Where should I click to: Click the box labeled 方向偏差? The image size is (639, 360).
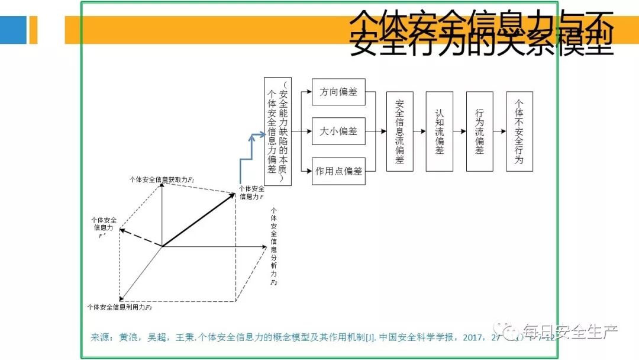coord(338,92)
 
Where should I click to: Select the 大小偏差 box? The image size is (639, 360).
coord(338,131)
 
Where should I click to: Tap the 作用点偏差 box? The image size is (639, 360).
coord(338,171)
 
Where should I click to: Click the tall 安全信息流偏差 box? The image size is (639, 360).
coord(400,131)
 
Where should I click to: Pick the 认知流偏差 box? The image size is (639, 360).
coord(439,131)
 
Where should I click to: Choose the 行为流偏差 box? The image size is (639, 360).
coord(479,131)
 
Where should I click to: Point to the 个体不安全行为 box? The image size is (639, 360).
coord(519,131)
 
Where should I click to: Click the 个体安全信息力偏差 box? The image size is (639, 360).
coord(277,131)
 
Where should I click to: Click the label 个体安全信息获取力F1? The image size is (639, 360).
coord(162,178)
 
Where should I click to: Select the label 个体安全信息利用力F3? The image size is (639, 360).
coord(120,307)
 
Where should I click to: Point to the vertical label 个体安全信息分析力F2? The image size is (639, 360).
coord(274,246)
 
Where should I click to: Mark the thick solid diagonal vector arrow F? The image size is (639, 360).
coord(199,218)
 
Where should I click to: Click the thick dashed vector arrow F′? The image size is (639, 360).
coord(141,238)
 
